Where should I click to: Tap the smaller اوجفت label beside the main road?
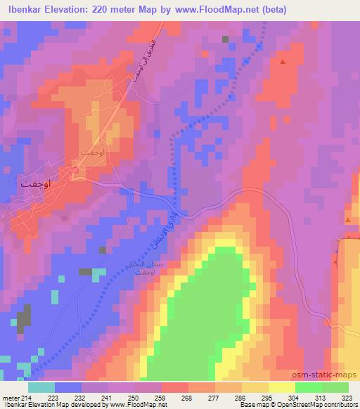point(92,152)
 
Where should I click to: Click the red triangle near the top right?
point(283,62)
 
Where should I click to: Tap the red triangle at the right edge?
point(348,220)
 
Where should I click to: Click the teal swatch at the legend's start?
point(41,387)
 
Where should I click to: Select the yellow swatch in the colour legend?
point(281,387)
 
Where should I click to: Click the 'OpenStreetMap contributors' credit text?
point(320,405)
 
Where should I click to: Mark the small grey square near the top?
point(226,39)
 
